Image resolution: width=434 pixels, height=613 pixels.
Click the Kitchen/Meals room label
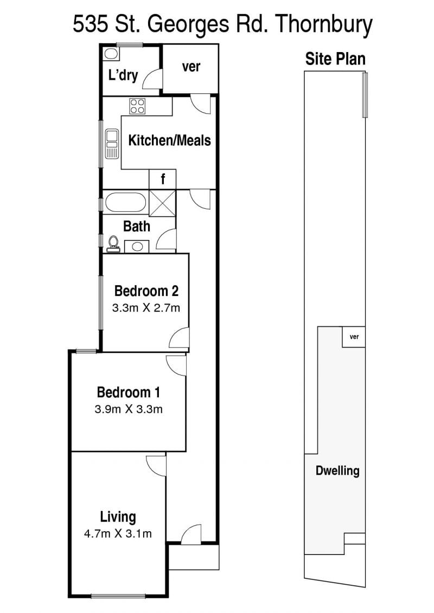(169, 140)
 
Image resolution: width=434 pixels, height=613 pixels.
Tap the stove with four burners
(137, 106)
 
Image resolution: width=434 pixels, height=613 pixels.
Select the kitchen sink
(112, 144)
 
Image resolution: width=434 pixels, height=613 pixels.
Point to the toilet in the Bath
(113, 244)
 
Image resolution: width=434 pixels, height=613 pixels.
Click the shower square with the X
(162, 202)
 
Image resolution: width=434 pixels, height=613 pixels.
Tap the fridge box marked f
(162, 179)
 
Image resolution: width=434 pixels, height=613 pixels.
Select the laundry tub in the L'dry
(111, 54)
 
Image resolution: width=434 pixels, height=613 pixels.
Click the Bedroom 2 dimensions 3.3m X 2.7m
(146, 308)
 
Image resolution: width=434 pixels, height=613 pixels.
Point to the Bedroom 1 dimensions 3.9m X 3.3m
(129, 409)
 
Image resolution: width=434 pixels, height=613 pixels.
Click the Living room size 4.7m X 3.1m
(118, 534)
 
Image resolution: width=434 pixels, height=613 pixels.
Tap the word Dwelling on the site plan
(337, 470)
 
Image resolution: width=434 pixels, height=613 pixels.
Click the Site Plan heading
(335, 59)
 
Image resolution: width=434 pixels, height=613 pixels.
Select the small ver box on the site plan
(354, 337)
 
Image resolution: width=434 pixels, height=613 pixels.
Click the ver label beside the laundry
(191, 67)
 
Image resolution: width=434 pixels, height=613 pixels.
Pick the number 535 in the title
(91, 24)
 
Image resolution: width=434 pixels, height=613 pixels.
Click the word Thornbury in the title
(324, 25)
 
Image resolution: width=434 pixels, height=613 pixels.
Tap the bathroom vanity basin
(137, 246)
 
